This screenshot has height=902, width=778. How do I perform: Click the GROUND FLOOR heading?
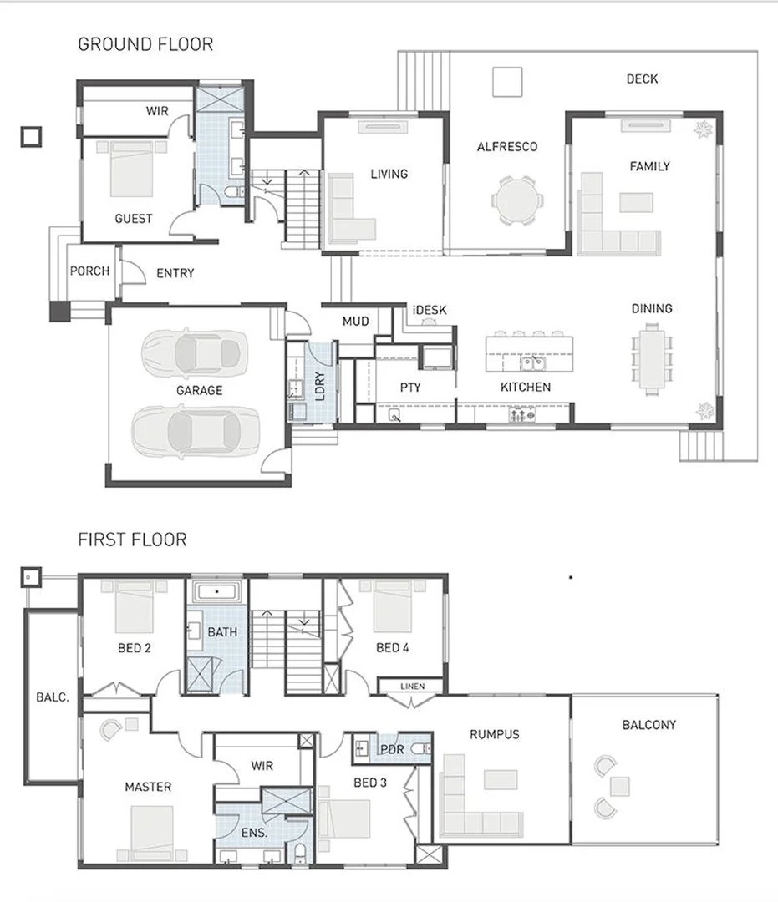click(145, 44)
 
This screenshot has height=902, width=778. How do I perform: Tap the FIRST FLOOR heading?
click(132, 540)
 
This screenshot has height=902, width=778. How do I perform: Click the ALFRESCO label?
click(506, 147)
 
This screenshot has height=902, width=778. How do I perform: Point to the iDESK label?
click(430, 310)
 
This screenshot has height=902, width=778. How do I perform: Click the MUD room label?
click(356, 321)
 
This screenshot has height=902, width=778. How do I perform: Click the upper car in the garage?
click(196, 352)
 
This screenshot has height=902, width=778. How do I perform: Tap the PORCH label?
click(89, 271)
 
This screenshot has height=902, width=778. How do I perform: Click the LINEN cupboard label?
click(413, 687)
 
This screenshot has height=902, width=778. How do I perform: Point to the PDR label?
click(392, 749)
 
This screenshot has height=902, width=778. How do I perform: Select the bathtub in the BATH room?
click(217, 593)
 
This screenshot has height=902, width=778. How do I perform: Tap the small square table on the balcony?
click(619, 786)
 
